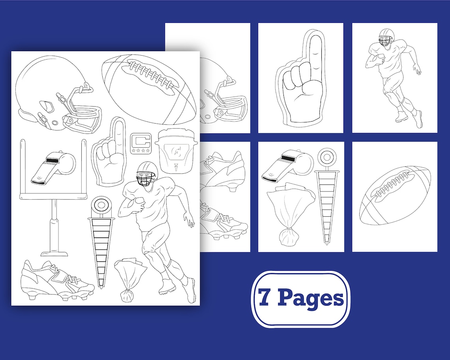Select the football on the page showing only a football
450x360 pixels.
coord(395,195)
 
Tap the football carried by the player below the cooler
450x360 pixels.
coord(136,205)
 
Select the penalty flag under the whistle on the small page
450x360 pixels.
coord(291,215)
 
